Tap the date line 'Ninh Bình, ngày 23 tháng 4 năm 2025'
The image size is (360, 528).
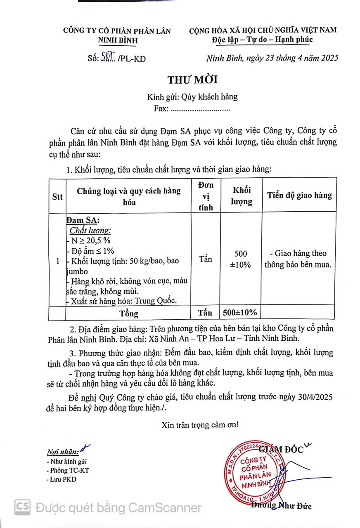point(272,58)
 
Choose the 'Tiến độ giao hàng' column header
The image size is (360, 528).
point(299,195)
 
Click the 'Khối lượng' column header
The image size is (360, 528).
point(242,196)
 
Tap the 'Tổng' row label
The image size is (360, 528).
point(129,313)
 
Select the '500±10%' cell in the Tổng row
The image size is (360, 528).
point(240,313)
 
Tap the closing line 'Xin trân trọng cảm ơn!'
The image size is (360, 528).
point(200,425)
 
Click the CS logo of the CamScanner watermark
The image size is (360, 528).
point(23,507)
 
